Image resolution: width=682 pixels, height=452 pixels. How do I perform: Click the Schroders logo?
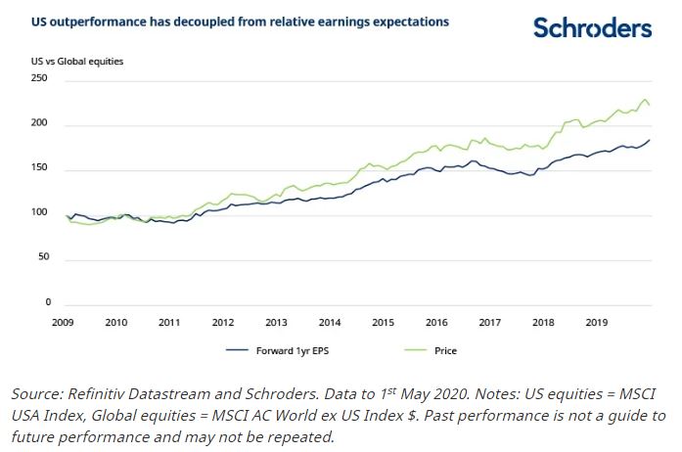pyautogui.click(x=592, y=27)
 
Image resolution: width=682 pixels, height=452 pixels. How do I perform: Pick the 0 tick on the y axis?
pyautogui.click(x=47, y=303)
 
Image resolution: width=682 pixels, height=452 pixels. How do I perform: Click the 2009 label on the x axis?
pyautogui.click(x=64, y=321)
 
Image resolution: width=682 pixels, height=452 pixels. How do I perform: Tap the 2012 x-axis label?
pyautogui.click(x=223, y=321)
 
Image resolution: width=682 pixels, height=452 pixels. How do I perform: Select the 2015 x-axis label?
pyautogui.click(x=383, y=321)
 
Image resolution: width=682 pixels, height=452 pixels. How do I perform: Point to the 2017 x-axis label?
pyautogui.click(x=489, y=321)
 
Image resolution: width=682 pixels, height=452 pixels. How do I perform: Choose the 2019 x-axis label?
pyautogui.click(x=595, y=321)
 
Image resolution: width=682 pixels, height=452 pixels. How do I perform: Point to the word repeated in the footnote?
pyautogui.click(x=303, y=437)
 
